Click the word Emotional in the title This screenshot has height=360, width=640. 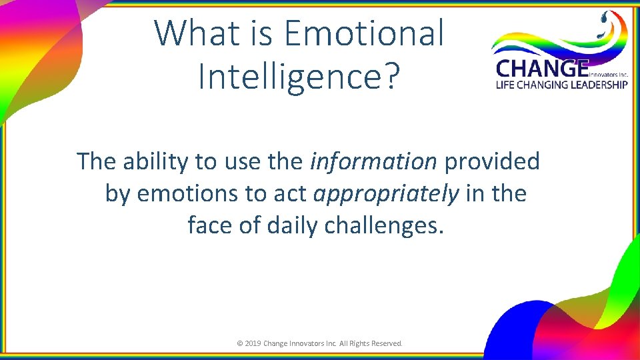363,33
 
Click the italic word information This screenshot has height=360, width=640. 373,161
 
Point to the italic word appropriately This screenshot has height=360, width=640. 386,194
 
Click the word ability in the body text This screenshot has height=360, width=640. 155,161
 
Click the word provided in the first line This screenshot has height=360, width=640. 493,161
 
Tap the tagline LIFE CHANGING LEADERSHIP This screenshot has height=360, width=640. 561,85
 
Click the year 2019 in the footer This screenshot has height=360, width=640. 253,343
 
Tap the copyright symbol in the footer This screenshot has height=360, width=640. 240,343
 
